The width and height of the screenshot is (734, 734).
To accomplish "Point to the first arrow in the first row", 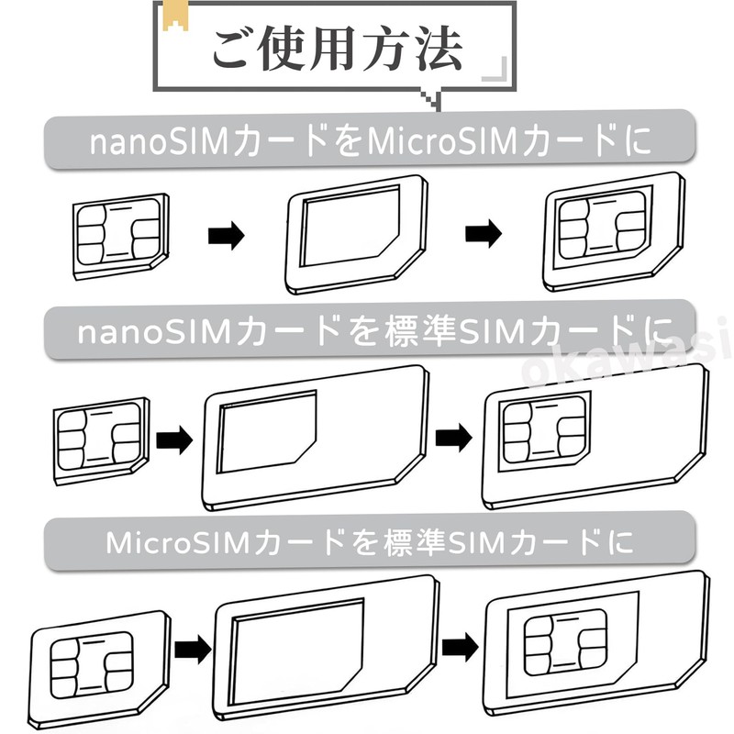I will [x=227, y=237].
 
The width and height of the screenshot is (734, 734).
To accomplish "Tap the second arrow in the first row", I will [x=484, y=235].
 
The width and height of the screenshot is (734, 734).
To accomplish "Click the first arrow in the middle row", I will [x=174, y=439].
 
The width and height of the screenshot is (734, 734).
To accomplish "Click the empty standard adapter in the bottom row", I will [x=323, y=647].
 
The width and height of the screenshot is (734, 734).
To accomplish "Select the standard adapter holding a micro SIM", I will [x=596, y=642].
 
